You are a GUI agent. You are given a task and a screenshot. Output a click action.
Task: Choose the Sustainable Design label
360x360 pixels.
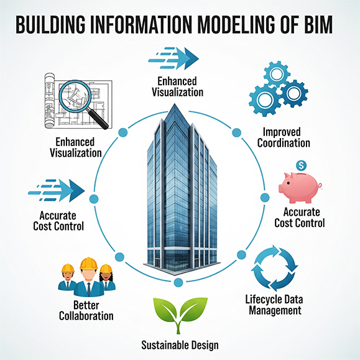[x=180, y=344]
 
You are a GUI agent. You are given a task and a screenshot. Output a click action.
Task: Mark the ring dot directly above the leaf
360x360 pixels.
[x=178, y=283]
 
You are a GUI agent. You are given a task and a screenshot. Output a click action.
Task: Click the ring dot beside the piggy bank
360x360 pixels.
[x=265, y=197]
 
